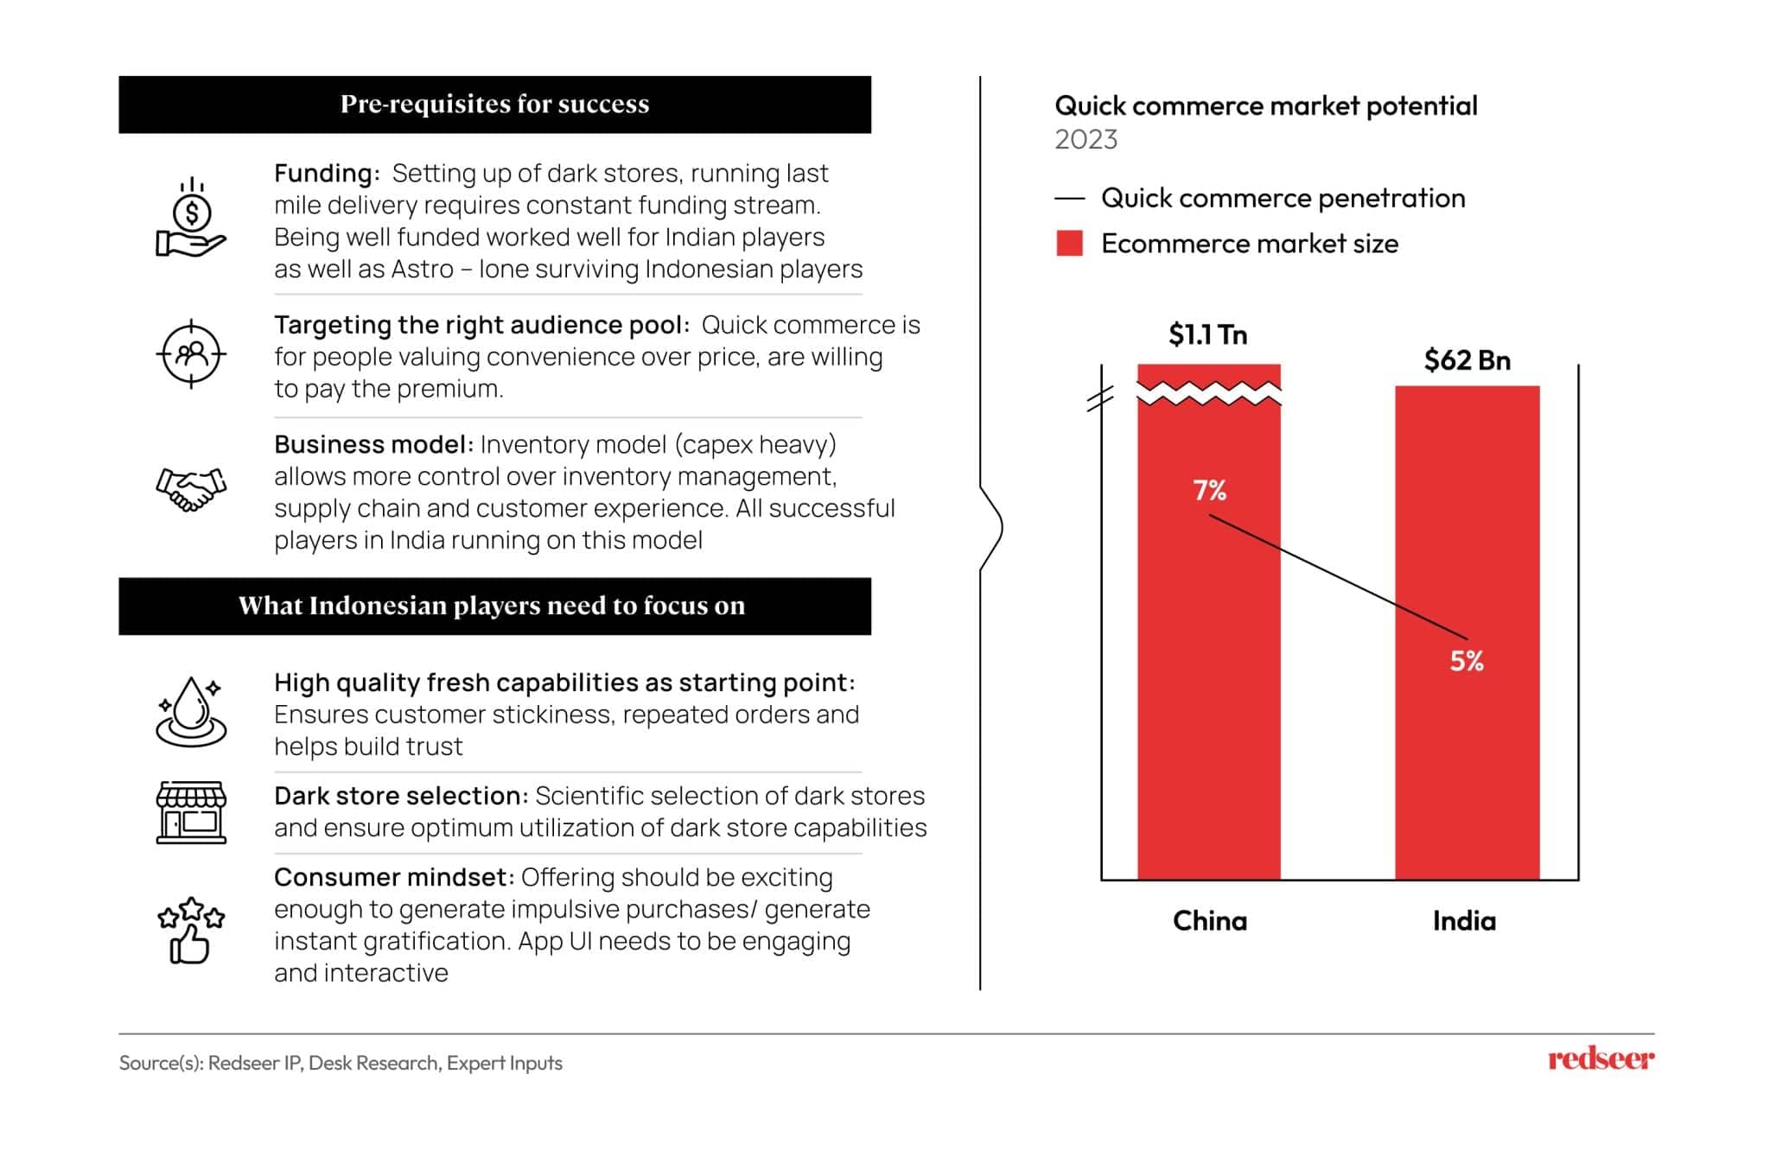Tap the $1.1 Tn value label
click(x=1207, y=335)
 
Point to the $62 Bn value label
click(x=1467, y=360)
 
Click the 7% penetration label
click(x=1209, y=491)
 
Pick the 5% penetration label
click(x=1466, y=662)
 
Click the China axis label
click(x=1209, y=921)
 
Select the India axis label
click(x=1463, y=921)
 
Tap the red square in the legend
click(x=1069, y=244)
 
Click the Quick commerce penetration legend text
click(x=1283, y=199)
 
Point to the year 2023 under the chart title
click(x=1086, y=140)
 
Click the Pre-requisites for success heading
click(x=494, y=105)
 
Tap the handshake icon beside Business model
click(x=191, y=489)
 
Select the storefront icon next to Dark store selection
click(x=191, y=812)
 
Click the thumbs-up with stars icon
click(x=191, y=930)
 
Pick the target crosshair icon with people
click(x=191, y=354)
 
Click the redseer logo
click(x=1601, y=1059)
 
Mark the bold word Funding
click(x=325, y=174)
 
